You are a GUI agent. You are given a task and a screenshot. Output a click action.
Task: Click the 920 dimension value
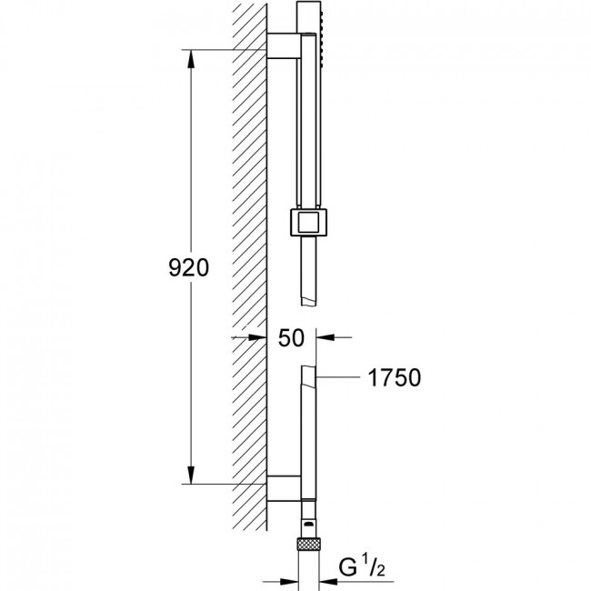[188, 267]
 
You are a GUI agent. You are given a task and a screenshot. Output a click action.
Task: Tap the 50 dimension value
[291, 337]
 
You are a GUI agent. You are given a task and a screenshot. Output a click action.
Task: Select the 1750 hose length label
[395, 377]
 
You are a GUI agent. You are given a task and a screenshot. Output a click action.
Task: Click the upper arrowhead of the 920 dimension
[191, 59]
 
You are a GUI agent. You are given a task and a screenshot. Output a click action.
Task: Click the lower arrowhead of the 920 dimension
[191, 475]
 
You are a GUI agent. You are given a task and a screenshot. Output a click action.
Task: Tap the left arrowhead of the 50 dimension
[257, 337]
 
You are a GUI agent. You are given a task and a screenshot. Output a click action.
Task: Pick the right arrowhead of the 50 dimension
[326, 337]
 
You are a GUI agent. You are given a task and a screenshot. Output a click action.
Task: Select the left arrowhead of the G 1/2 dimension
[289, 582]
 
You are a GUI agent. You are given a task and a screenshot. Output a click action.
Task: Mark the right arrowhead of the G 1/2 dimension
[328, 582]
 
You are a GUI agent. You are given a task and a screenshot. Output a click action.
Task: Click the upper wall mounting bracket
[284, 45]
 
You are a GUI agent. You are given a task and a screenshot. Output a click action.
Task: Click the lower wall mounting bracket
[284, 488]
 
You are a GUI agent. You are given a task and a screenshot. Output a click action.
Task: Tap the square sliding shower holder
[309, 222]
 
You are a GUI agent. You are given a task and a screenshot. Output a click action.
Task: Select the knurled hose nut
[309, 544]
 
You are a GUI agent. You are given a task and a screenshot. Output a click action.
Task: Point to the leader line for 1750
[337, 377]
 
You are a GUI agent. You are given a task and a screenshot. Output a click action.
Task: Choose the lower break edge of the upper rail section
[309, 302]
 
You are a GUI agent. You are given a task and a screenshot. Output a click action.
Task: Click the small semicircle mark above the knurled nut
[309, 524]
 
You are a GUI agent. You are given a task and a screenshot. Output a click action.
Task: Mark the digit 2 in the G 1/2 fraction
[380, 570]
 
